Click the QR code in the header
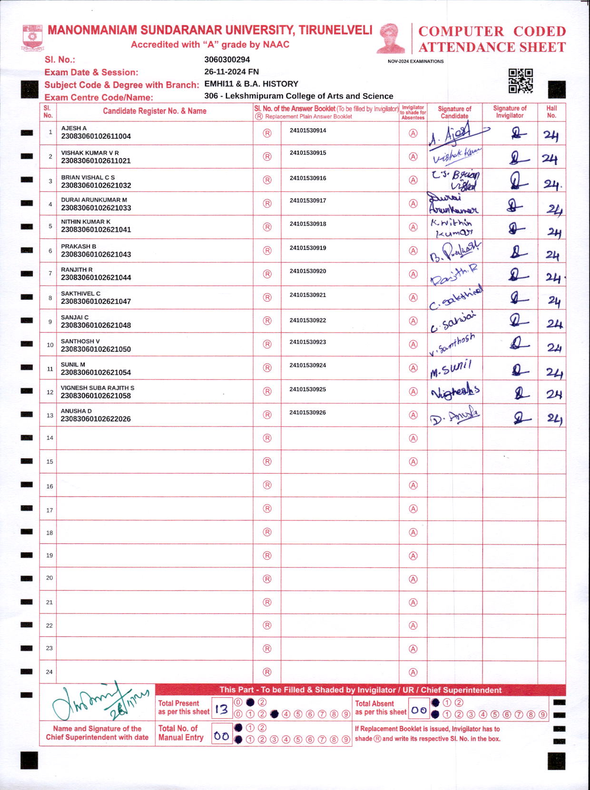click(x=520, y=81)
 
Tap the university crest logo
click(x=32, y=38)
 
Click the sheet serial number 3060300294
click(x=227, y=59)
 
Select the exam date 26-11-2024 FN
click(x=231, y=72)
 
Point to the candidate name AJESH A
click(x=74, y=128)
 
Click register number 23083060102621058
click(x=96, y=396)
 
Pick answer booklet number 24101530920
click(x=308, y=271)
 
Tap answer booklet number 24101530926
click(x=307, y=413)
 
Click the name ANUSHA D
click(x=76, y=411)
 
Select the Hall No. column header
click(x=551, y=112)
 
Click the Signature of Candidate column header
click(x=454, y=112)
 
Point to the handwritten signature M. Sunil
click(x=451, y=369)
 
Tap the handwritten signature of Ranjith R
click(x=454, y=275)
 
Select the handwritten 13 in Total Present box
click(x=221, y=710)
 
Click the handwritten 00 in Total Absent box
click(x=419, y=710)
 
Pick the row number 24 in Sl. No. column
click(x=49, y=672)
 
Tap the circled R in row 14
click(x=267, y=438)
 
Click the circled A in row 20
click(x=413, y=579)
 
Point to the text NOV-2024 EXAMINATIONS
click(x=415, y=61)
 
